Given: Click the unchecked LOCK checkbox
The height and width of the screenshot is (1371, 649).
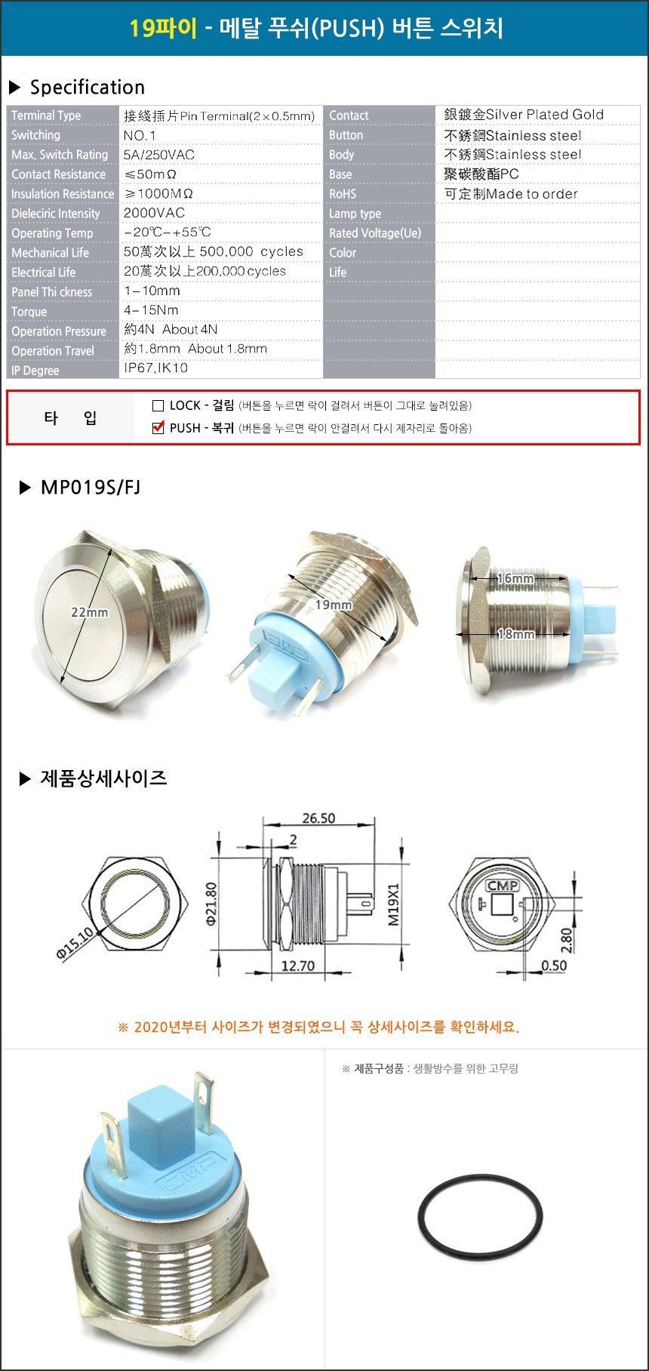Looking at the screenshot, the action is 158,405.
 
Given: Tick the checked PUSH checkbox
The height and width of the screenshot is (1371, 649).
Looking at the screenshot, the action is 158,428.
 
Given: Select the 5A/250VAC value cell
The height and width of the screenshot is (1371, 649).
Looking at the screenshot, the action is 159,155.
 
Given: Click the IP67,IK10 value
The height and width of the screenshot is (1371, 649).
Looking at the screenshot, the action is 155,368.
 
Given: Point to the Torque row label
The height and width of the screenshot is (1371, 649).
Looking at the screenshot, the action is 29,312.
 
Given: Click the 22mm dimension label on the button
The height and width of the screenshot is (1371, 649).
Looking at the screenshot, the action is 89,612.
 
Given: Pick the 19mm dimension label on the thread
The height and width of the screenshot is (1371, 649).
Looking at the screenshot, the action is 334,605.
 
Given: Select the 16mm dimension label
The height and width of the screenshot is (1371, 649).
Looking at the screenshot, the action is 516,578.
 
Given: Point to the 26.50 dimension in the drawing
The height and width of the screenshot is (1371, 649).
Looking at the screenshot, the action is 318,818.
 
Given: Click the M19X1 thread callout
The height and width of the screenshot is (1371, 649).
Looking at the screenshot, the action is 393,905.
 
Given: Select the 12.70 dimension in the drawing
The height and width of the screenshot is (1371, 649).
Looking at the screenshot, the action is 297,966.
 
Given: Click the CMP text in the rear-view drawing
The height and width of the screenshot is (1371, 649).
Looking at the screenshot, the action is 501,886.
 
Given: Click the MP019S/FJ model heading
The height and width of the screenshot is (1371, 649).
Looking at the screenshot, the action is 91,488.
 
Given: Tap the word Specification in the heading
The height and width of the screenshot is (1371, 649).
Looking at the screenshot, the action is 88,88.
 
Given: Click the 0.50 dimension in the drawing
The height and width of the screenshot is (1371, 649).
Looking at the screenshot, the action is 555,966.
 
